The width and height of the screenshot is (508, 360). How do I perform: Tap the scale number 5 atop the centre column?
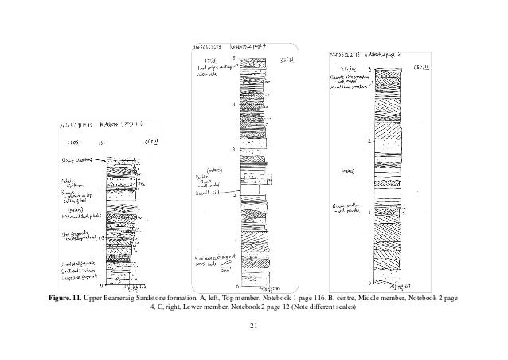(233, 58)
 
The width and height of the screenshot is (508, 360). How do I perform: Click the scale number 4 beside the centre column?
(233, 104)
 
